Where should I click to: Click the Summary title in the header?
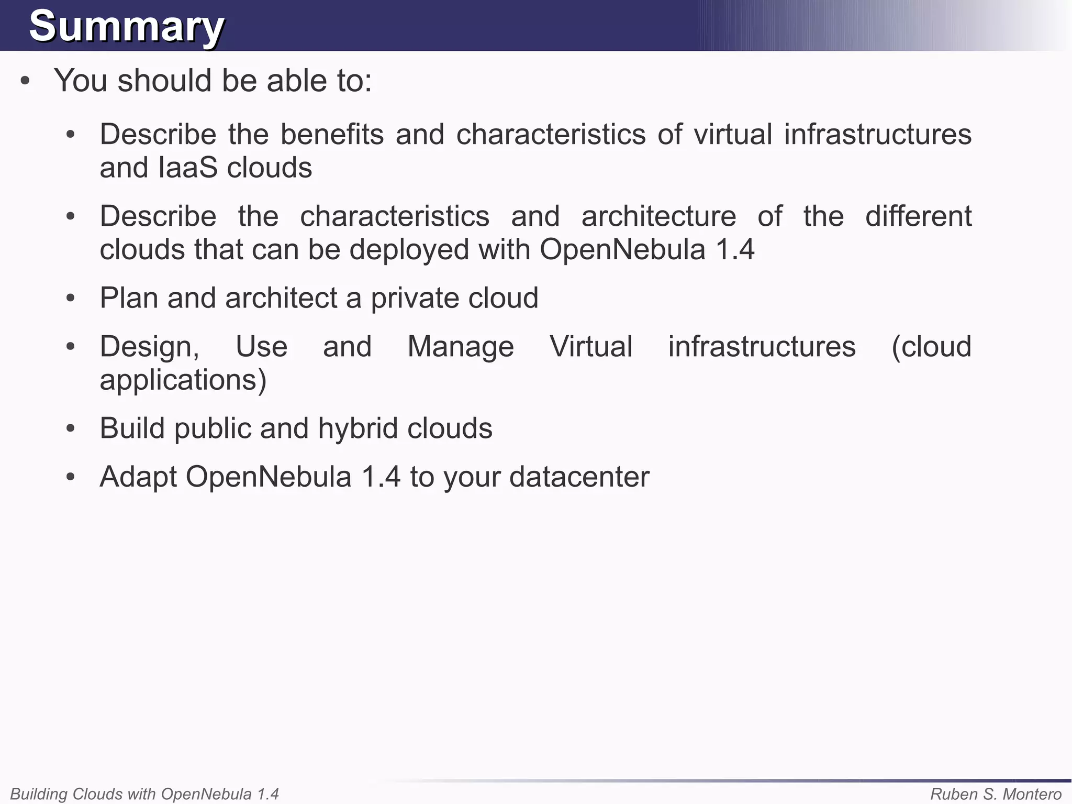[126, 26]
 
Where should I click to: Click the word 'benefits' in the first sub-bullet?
[332, 134]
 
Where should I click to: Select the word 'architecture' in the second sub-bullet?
[658, 216]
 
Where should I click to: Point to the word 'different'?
[918, 216]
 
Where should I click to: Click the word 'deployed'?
[409, 249]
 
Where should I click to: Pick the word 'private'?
[415, 298]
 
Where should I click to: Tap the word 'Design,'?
[150, 347]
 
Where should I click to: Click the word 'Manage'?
[461, 347]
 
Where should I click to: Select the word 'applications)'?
[183, 380]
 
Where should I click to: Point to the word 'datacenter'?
[579, 477]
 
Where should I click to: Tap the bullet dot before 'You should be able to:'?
[25, 81]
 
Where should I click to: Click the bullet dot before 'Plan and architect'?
[71, 299]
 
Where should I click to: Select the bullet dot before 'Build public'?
[71, 429]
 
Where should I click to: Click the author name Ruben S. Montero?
[996, 794]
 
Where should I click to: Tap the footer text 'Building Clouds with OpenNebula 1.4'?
[144, 794]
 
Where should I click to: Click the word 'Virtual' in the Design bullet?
[591, 347]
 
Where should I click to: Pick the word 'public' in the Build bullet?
[213, 428]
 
